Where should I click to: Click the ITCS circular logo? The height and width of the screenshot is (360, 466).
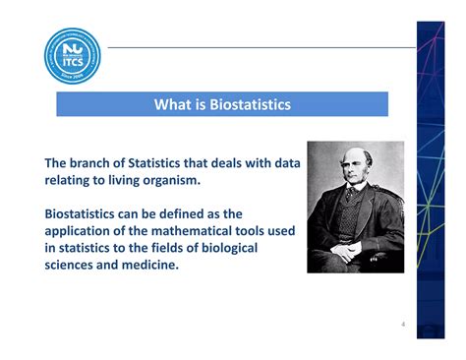72,55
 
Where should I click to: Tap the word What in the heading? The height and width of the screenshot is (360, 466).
172,104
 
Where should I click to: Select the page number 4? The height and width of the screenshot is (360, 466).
402,324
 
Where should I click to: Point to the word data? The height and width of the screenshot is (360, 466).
279,162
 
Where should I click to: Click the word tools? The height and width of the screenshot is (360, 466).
257,231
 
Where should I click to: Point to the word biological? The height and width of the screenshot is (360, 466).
222,248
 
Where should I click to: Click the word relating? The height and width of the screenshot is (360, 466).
70,180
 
